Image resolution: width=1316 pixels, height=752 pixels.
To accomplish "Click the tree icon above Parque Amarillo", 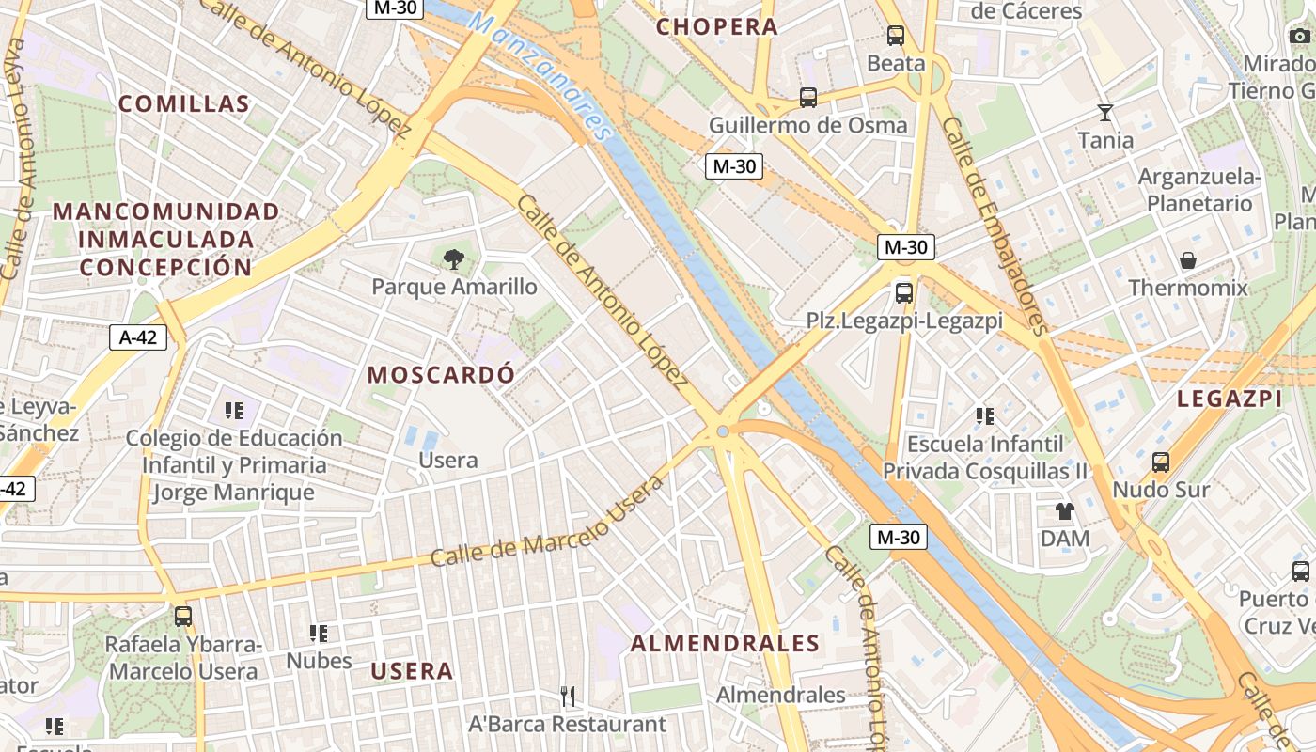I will (x=454, y=258).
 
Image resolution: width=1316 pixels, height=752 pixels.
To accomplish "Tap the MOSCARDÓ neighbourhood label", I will (x=441, y=374).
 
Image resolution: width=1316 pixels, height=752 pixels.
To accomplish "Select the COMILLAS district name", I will (x=184, y=104).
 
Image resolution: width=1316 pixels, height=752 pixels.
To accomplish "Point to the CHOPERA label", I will (x=717, y=27).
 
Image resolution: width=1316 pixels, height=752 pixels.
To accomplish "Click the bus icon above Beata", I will (x=896, y=36).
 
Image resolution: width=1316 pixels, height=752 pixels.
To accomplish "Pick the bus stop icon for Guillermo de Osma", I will (x=808, y=97).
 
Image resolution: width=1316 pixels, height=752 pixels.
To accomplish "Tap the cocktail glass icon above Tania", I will (x=1105, y=113).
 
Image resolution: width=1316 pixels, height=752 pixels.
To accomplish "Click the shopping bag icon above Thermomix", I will (x=1188, y=259).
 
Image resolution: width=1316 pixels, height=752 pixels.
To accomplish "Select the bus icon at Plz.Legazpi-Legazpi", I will (x=904, y=292).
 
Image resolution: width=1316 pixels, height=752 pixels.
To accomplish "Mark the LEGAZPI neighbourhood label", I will (x=1230, y=399).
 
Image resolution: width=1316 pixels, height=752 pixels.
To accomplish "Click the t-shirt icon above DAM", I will (x=1064, y=511).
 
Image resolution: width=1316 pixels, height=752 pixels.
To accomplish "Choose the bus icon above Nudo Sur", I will (x=1161, y=462).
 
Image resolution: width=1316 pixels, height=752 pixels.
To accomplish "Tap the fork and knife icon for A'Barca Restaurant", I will (x=568, y=697).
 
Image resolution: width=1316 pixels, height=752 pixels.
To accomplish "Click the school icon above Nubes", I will (x=319, y=634).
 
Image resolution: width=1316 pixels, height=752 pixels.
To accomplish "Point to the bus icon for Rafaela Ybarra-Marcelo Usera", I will (x=183, y=617).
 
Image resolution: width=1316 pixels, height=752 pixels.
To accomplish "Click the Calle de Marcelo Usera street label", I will (x=547, y=523).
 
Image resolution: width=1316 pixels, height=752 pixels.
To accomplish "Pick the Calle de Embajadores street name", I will (x=995, y=226).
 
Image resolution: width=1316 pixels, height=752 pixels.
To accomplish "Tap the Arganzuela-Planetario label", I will (x=1199, y=190).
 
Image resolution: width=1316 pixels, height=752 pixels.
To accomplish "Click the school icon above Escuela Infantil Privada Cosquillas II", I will (x=985, y=415).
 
